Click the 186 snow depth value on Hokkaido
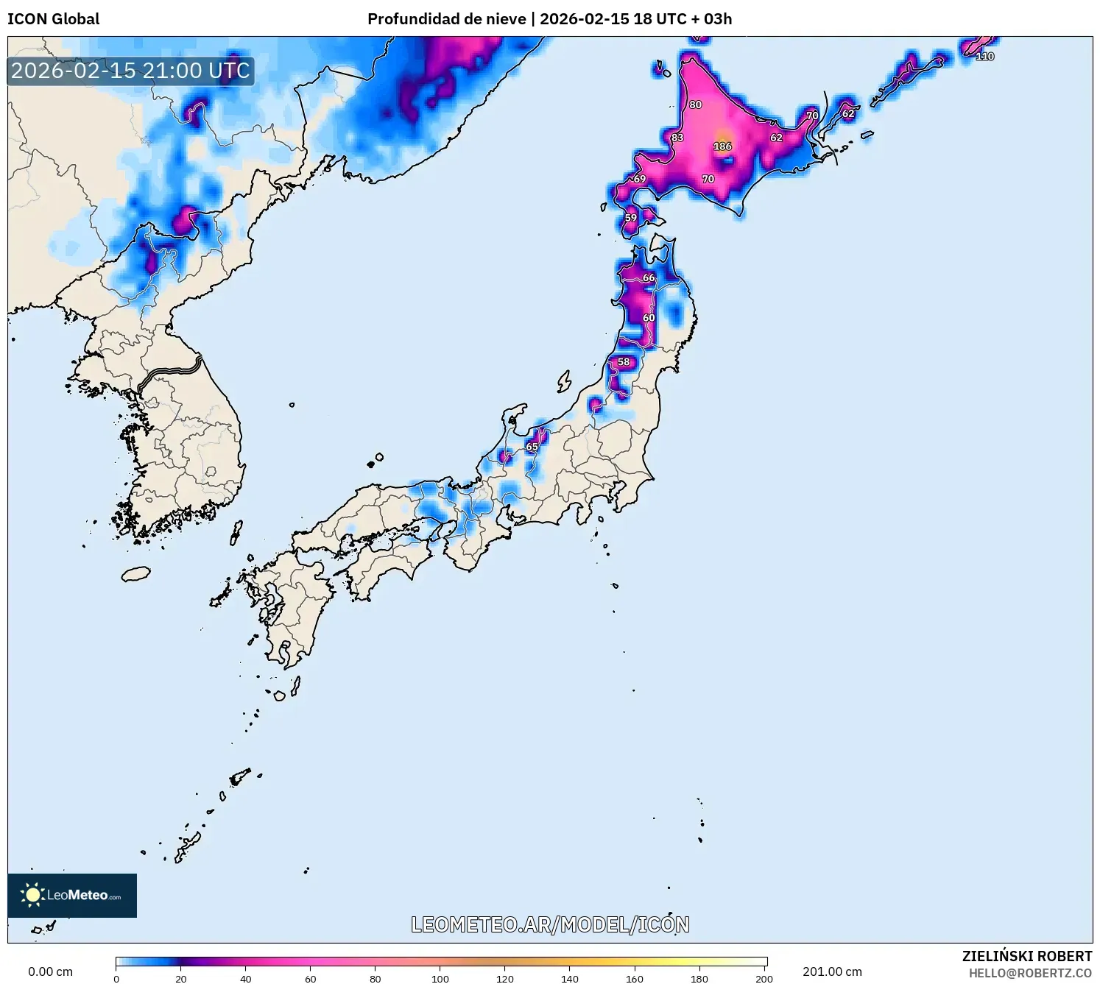[722, 146]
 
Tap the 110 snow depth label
[984, 57]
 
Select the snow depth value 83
[677, 138]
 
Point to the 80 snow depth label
[696, 105]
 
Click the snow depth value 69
[640, 179]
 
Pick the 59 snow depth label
[631, 218]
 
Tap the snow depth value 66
[649, 278]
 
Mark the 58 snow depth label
[624, 362]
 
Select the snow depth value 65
[532, 447]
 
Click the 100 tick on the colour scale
[440, 978]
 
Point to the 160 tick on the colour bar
[635, 978]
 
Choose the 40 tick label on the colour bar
[246, 978]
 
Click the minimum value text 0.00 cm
[50, 971]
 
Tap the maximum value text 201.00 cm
[832, 971]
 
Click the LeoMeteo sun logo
[32, 895]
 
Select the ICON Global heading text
[53, 19]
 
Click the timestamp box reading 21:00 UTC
[130, 71]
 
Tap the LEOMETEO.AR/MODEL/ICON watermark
[550, 924]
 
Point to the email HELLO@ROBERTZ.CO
[1029, 973]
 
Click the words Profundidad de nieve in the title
[446, 19]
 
